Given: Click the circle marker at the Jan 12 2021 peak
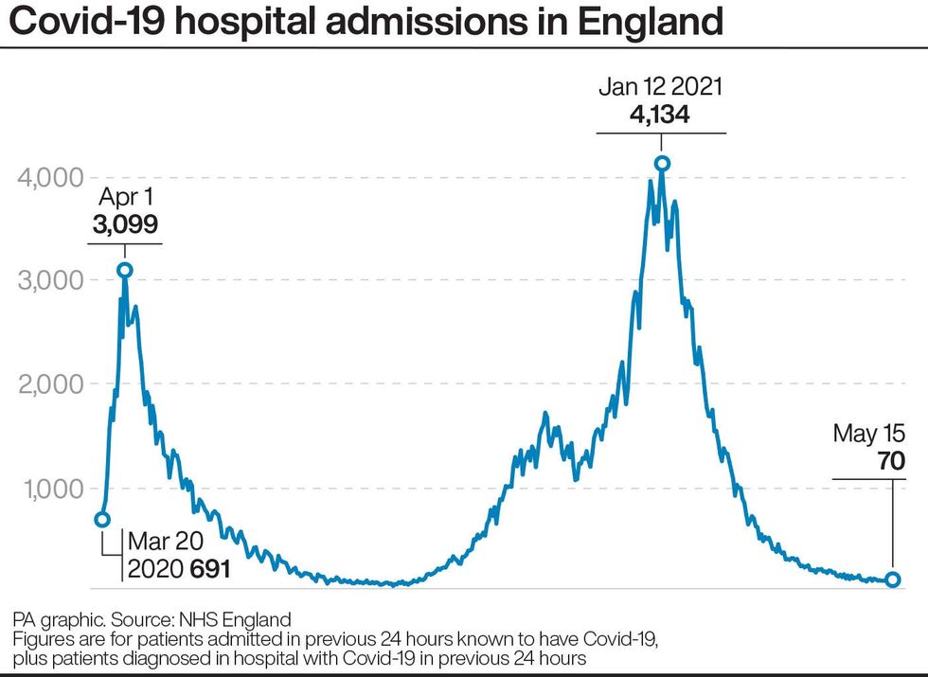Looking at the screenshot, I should click(662, 164).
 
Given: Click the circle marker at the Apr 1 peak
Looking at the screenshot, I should click(124, 270).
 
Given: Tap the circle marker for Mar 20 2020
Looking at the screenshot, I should click(102, 519).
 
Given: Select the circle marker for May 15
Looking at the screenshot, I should click(893, 579).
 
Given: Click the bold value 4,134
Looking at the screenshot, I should click(661, 115).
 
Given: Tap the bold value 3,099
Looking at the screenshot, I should click(125, 224).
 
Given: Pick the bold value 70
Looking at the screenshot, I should click(890, 460).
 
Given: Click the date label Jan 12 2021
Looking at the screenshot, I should click(661, 88).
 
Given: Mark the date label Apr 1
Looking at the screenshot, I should click(125, 199).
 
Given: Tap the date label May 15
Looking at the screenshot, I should click(869, 434).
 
